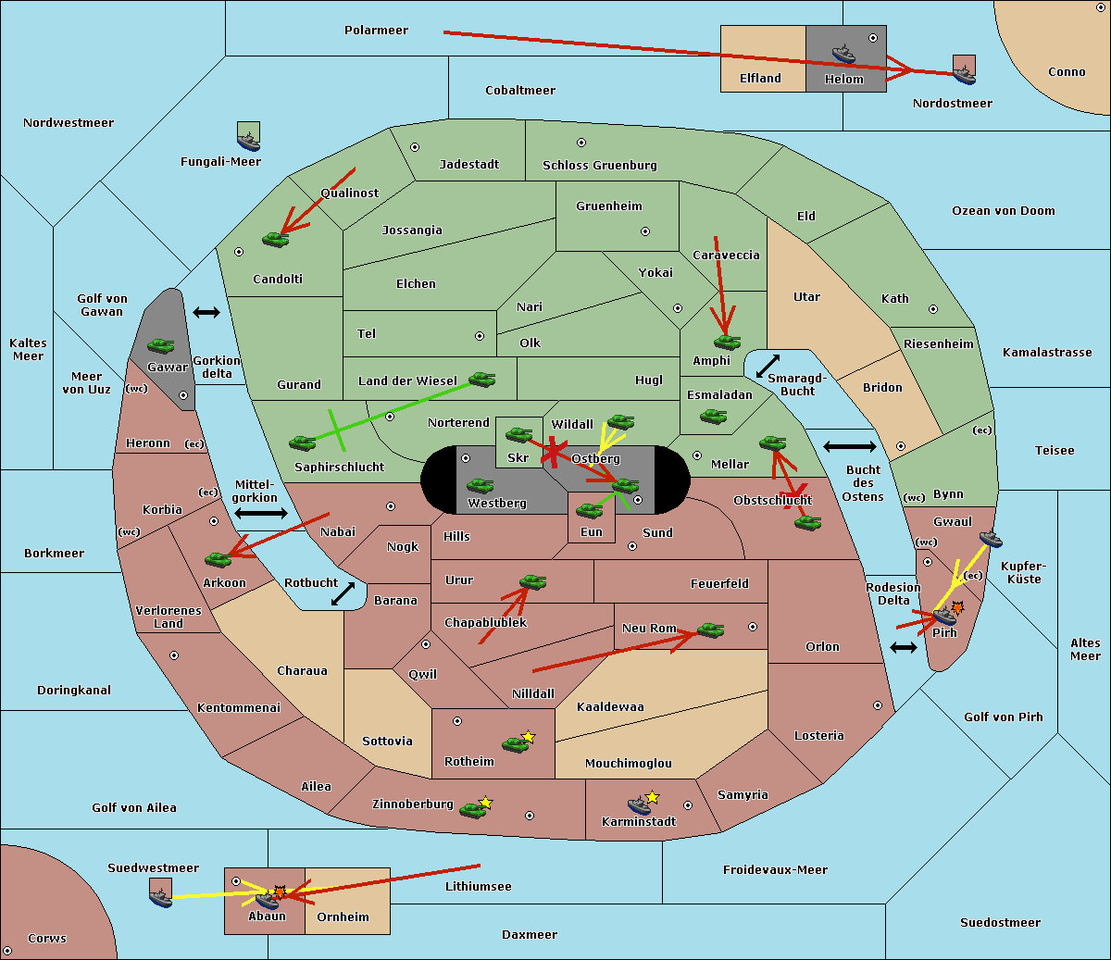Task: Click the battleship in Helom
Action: [x=843, y=54]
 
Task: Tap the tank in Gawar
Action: [x=161, y=345]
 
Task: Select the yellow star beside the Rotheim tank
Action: [x=529, y=736]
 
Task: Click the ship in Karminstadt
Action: [x=639, y=805]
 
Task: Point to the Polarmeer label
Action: [x=376, y=31]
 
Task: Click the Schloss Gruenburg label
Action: [x=600, y=165]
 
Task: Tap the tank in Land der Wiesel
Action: [x=482, y=380]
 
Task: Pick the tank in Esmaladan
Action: [x=713, y=417]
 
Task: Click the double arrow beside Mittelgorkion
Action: [x=261, y=513]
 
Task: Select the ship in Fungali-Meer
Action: [x=249, y=141]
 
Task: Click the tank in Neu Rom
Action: [x=710, y=630]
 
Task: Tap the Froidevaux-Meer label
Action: [x=775, y=869]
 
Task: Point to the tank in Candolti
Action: [x=275, y=239]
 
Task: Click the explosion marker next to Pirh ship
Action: [x=958, y=608]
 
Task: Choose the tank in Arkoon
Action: [x=218, y=560]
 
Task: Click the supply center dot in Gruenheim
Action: [x=645, y=231]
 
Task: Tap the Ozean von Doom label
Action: [x=1004, y=211]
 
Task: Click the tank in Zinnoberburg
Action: [x=473, y=810]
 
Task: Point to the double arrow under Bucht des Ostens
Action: [x=904, y=648]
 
